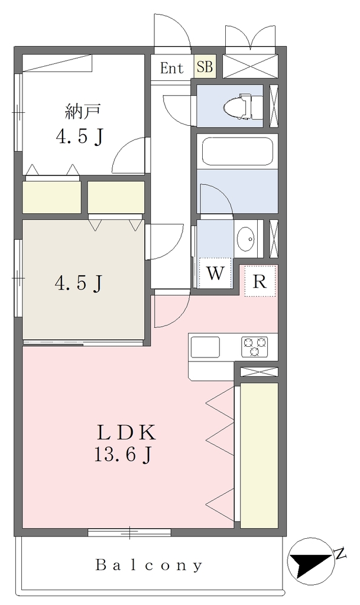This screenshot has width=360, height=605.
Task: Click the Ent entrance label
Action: click(171, 69)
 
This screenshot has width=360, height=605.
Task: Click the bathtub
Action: click(237, 151)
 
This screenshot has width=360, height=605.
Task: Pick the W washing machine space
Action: click(215, 273)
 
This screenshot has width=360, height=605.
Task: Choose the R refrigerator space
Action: click(260, 281)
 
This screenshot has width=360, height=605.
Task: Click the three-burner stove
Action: click(254, 346)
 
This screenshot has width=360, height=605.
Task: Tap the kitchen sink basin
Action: click(205, 347)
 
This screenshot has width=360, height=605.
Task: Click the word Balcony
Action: click(148, 565)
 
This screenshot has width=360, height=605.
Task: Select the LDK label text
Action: click(127, 432)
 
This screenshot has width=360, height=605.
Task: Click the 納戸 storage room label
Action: click(83, 112)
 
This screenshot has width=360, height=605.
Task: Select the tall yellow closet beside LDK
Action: click(260, 456)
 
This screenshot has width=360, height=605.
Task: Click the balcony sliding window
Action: click(129, 532)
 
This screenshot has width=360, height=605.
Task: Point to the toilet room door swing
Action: click(177, 110)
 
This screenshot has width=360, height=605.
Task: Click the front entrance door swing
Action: click(173, 31)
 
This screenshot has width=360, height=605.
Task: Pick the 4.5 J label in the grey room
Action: click(79, 284)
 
